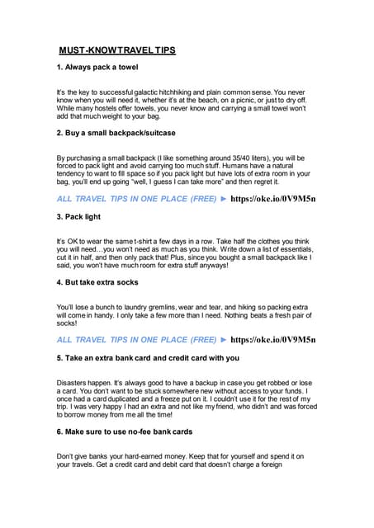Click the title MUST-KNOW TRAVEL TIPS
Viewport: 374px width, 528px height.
[116, 50]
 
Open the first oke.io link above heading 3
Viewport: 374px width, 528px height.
[272, 199]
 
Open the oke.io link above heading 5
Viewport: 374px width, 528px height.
[272, 339]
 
